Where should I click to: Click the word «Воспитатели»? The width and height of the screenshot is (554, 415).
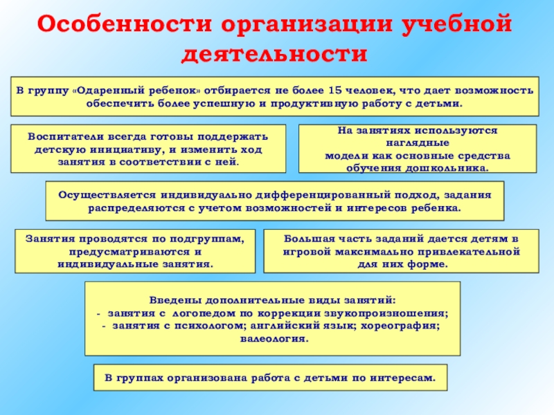coord(60,137)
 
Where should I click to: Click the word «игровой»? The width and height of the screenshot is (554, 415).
coord(305,251)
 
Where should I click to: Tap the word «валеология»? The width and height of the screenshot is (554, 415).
coord(272,338)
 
